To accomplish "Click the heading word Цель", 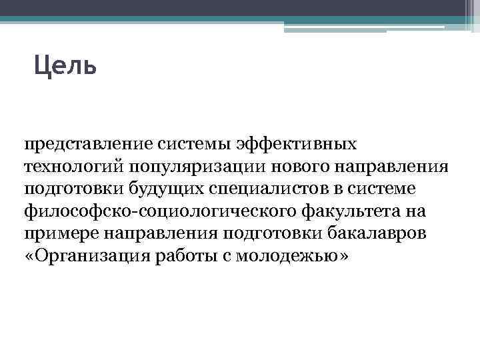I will pos(65,66).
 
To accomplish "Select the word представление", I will pos(90,144).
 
